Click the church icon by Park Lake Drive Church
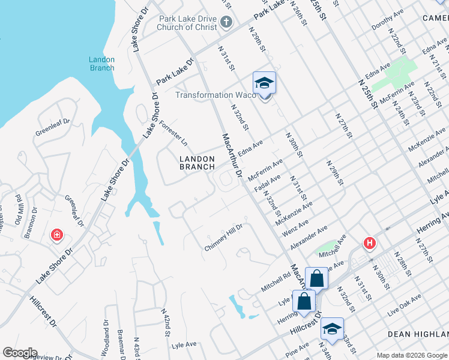[x=226, y=23]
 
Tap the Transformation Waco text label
[x=212, y=95]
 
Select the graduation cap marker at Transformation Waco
[x=264, y=83]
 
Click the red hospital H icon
[x=370, y=244]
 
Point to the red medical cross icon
[x=57, y=235]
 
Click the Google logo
[x=20, y=353]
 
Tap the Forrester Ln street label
[x=173, y=134]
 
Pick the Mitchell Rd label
[x=276, y=279]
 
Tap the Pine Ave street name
[x=297, y=353]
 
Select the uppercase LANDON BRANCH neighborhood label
[x=197, y=163]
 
